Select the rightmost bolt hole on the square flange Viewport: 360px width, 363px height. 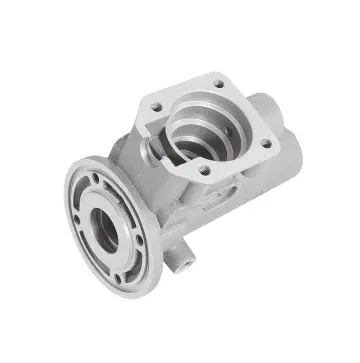(x=266, y=143)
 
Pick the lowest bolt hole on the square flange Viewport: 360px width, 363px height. (x=204, y=171)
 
